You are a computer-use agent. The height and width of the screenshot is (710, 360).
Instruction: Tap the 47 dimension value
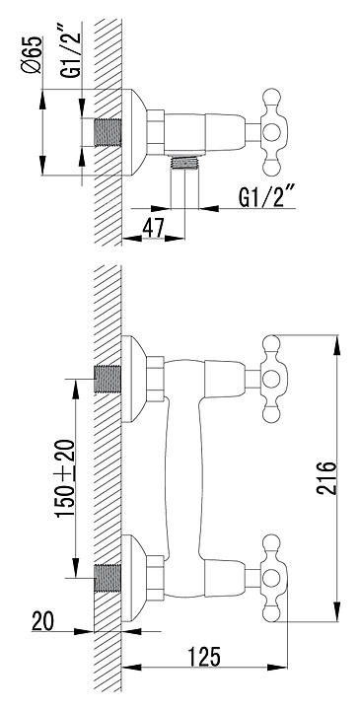(153, 228)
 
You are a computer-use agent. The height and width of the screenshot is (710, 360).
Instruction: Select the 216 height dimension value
(326, 478)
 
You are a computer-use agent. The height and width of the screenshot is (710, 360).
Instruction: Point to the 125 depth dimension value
(204, 657)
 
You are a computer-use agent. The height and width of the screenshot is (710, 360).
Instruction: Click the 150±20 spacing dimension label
(64, 477)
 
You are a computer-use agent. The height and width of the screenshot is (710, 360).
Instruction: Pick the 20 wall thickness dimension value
(42, 621)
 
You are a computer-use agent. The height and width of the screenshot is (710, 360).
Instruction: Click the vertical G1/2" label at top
(73, 50)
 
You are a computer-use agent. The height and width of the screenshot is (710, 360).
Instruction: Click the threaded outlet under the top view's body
(184, 162)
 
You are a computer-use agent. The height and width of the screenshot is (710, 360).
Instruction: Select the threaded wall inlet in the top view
(108, 132)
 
